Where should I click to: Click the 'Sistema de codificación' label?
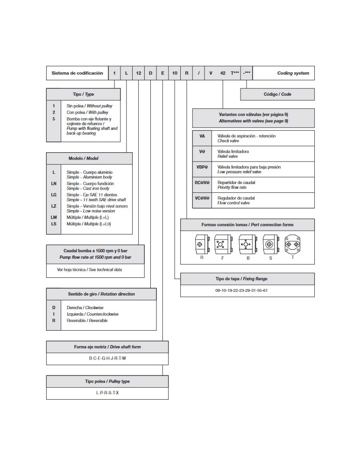coord(77,73)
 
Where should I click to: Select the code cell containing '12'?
coord(139,73)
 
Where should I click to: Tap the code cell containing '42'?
coord(223,73)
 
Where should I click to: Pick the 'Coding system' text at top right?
coord(293,73)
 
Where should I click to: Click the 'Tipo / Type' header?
coord(83,94)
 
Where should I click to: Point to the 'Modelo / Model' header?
coord(89,158)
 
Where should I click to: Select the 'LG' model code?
coord(54,195)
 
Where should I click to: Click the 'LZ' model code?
coord(54,206)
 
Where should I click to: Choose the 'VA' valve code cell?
coord(202,136)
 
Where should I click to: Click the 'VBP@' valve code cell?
coord(202,167)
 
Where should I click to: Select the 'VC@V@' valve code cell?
coord(202,198)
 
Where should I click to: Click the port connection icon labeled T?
coord(293,244)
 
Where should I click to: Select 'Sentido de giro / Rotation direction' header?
coord(101,294)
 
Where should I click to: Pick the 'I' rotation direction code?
coord(54,314)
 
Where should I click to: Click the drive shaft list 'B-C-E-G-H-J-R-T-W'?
coord(107,358)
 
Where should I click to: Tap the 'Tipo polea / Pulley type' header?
coord(107,382)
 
